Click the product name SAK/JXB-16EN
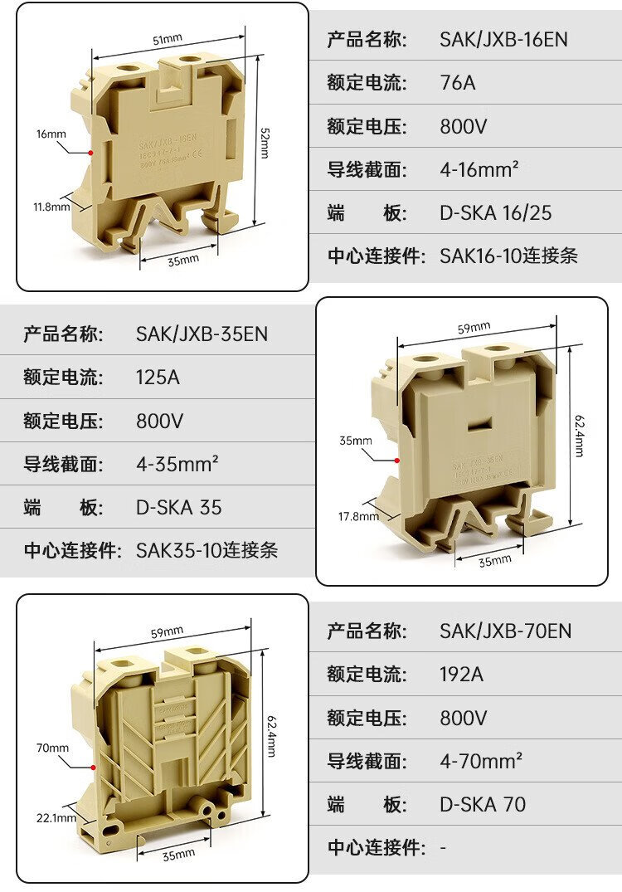[x=503, y=39]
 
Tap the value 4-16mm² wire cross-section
[x=479, y=169]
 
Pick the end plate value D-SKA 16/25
[x=495, y=213]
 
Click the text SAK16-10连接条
[x=508, y=256]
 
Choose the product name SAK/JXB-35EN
[x=202, y=334]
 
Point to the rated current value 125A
[x=158, y=378]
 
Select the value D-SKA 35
[x=178, y=507]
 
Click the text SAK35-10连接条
[x=207, y=549]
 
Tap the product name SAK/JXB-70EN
[x=505, y=631]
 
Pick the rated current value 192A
[x=461, y=674]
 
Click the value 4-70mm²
[x=480, y=760]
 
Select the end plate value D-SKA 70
[x=482, y=804]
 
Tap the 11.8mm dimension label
[x=51, y=206]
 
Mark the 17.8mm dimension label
[x=357, y=516]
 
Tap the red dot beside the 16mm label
[x=90, y=153]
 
